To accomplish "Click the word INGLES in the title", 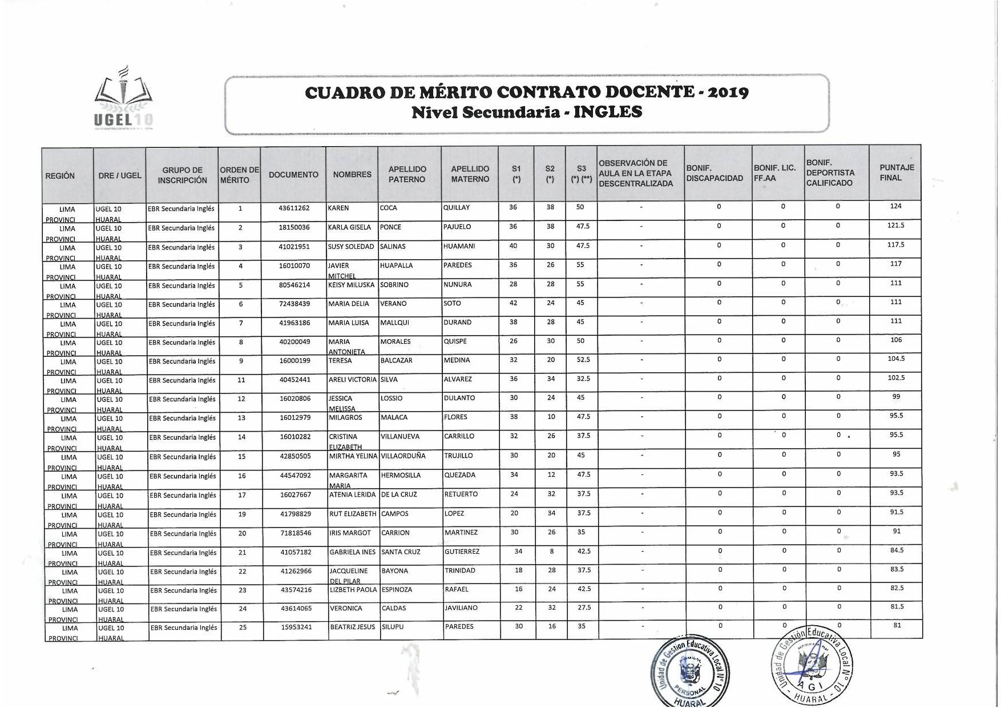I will [608, 112].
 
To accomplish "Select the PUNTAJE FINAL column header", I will [897, 173].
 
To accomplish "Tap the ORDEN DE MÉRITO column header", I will [239, 175].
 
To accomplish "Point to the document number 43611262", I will [294, 208].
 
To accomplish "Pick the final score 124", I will [895, 206].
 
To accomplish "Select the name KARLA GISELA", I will [349, 227].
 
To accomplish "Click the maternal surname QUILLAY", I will [456, 208].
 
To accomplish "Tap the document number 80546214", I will [294, 285].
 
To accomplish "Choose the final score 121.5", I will [895, 226].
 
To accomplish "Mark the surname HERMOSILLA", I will [401, 475].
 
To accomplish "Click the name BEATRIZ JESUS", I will [353, 627].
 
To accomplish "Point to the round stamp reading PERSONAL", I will [690, 671].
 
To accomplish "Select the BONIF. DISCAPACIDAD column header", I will [715, 173].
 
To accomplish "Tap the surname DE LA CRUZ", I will [399, 494].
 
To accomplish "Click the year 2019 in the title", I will [726, 92].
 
